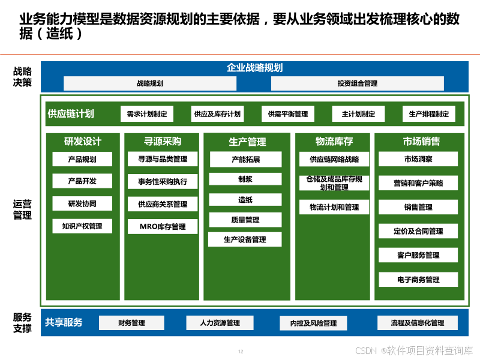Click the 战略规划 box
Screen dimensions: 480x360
[x=150, y=83]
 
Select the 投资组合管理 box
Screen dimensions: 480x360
[x=358, y=83]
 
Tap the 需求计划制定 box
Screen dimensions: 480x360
[x=147, y=114]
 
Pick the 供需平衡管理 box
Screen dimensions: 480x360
[x=288, y=114]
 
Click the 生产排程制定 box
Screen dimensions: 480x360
[x=429, y=114]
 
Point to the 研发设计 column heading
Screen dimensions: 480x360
[x=83, y=142]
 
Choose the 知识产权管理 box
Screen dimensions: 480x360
[x=82, y=226]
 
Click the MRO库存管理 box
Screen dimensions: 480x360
[x=163, y=227]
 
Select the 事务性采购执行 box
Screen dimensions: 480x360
[x=163, y=182]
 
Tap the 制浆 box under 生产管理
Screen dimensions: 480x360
[x=245, y=179]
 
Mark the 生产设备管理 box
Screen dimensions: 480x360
[x=245, y=239]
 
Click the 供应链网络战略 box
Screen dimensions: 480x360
[x=334, y=159]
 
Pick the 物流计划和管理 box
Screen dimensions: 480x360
[x=334, y=207]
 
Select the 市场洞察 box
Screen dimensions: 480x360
[x=418, y=159]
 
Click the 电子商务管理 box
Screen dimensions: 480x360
[x=418, y=280]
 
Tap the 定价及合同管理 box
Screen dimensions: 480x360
[x=418, y=231]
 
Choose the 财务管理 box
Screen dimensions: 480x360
[x=131, y=323]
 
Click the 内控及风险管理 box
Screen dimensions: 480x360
[x=313, y=323]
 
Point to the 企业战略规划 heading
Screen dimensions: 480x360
[x=254, y=68]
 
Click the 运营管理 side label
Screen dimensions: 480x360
[x=22, y=209]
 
